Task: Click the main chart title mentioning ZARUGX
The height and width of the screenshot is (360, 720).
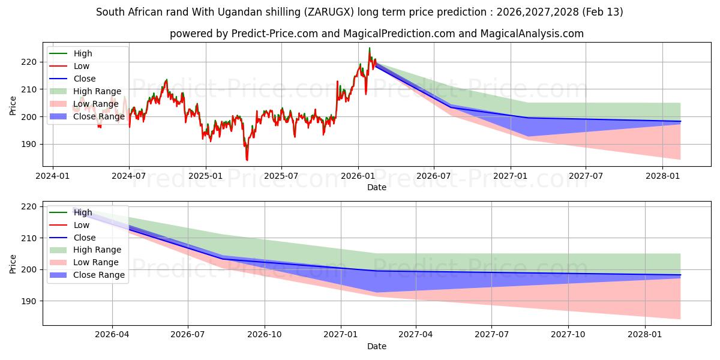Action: click(359, 12)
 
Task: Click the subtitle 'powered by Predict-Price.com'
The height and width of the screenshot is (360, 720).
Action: click(376, 34)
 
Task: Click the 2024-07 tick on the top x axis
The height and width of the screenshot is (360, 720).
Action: click(129, 176)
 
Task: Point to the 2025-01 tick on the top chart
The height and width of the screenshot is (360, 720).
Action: click(206, 176)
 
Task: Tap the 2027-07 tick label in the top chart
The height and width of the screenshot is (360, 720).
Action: click(586, 176)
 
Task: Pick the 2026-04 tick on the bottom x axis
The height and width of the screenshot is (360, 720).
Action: click(112, 335)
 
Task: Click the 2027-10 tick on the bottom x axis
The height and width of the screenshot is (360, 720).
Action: click(568, 335)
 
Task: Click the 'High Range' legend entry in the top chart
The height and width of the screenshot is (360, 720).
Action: click(96, 91)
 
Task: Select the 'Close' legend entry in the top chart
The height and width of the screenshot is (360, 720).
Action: click(85, 79)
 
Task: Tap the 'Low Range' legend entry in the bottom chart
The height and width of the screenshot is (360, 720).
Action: click(95, 262)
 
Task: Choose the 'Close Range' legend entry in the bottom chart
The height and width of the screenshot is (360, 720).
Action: click(99, 275)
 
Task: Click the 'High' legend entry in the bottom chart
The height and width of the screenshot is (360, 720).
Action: click(83, 212)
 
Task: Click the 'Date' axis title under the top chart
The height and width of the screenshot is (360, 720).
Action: click(376, 187)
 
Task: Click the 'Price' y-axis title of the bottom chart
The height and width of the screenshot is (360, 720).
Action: click(13, 263)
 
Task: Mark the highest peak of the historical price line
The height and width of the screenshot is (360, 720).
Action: click(370, 48)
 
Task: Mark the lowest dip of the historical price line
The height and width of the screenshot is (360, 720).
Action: click(247, 160)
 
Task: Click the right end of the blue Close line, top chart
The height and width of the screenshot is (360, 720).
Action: click(680, 121)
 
